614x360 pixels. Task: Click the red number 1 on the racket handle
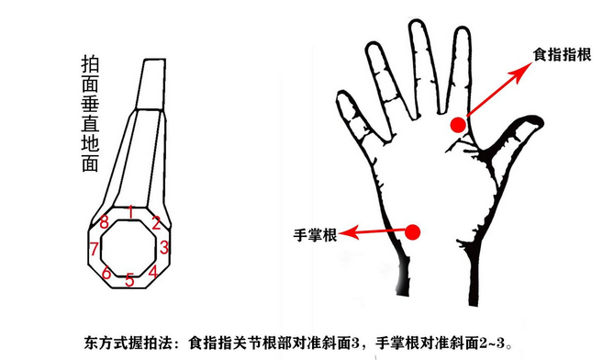[x=131, y=212]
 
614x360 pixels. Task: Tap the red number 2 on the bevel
[x=156, y=222]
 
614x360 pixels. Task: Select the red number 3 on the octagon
[x=164, y=247]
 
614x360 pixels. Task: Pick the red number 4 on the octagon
[x=153, y=271]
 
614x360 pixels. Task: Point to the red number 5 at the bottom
[x=129, y=280]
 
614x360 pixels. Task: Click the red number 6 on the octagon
[x=106, y=273]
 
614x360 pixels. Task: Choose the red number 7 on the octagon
[x=94, y=249]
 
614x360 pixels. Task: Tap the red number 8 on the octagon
[x=104, y=222]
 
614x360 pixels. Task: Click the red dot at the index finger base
[x=458, y=125]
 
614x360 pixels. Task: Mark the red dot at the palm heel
[x=412, y=232]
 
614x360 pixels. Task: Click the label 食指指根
[x=563, y=54]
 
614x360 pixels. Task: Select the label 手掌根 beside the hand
[x=315, y=235]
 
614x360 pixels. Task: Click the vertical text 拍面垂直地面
[x=91, y=114]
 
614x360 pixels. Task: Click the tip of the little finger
[x=342, y=94]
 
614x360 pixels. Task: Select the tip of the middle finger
[x=417, y=21]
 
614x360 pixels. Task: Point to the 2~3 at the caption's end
[x=492, y=343]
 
